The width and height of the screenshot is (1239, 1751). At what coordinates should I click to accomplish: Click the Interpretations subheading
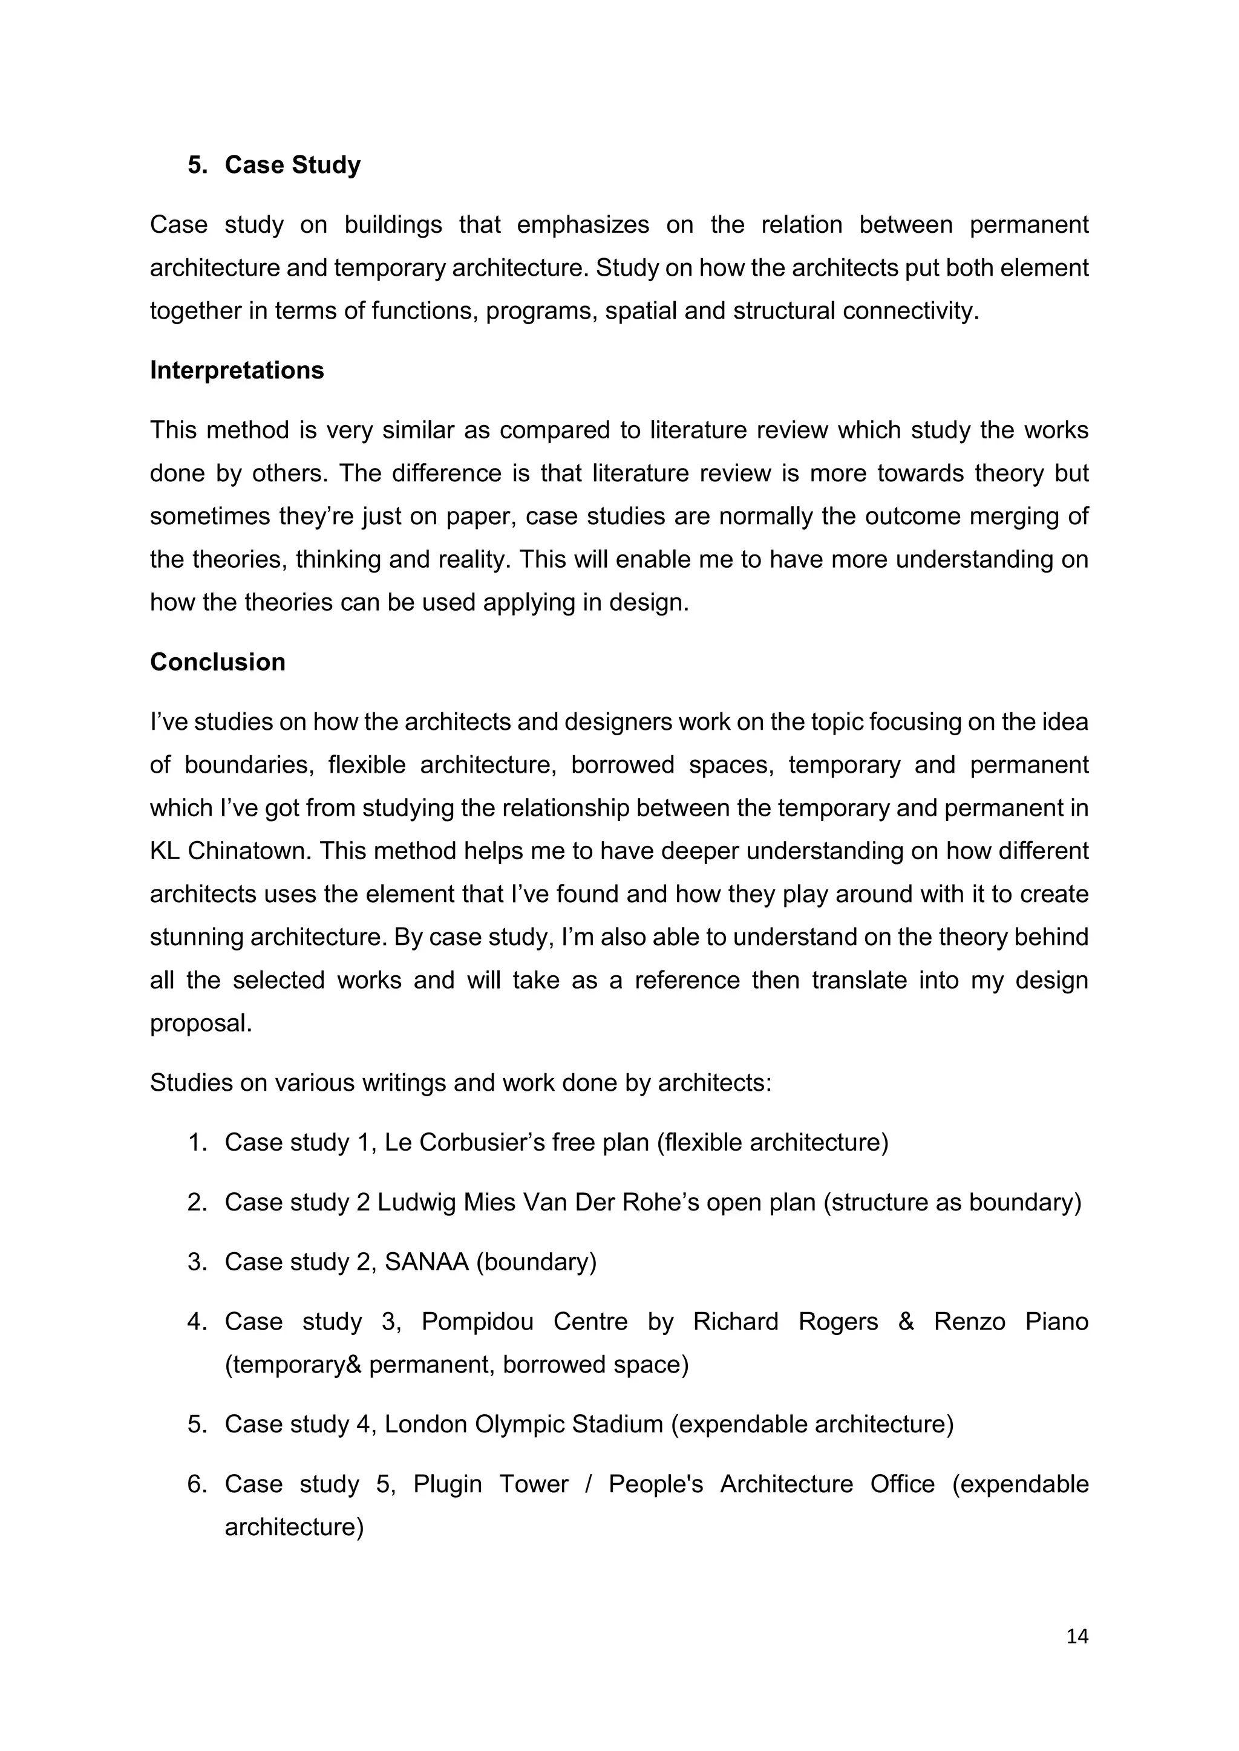click(x=237, y=370)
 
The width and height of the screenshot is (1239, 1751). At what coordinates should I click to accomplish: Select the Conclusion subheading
click(x=217, y=662)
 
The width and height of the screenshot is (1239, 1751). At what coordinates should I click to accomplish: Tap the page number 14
click(x=1076, y=1637)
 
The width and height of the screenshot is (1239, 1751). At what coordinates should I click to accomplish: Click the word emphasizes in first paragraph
click(x=583, y=225)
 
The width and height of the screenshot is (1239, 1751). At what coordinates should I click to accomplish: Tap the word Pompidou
click(x=477, y=1322)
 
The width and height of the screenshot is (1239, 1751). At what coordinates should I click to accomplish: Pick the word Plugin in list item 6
click(x=447, y=1484)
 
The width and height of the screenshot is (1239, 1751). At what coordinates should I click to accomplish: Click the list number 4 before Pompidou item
click(x=197, y=1322)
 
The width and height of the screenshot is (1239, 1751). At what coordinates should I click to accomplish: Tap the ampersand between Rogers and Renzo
click(x=906, y=1322)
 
